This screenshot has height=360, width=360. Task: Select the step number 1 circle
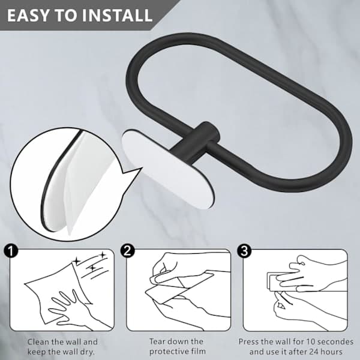[x=11, y=250]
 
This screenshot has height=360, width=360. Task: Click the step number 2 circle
[x=127, y=250]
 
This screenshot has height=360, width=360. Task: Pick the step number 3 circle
[x=244, y=250]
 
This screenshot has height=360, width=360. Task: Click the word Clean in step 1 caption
[x=38, y=342]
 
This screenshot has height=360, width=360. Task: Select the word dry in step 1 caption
[x=87, y=352]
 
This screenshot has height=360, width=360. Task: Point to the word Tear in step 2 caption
[x=158, y=341]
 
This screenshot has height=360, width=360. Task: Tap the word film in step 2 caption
[x=199, y=351]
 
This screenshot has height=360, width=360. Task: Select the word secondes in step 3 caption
[x=335, y=341]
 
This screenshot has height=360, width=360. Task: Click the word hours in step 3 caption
[x=332, y=352]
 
